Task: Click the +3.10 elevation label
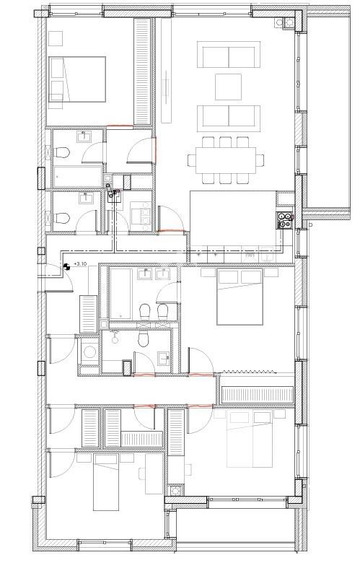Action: click(x=80, y=265)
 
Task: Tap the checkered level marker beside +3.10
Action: click(x=66, y=266)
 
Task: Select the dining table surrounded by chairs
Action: click(x=222, y=159)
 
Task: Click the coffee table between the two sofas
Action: click(x=229, y=86)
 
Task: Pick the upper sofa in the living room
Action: click(x=229, y=56)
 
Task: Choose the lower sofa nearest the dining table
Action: click(x=229, y=116)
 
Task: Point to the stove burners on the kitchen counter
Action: click(x=285, y=219)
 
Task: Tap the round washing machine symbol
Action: click(x=90, y=352)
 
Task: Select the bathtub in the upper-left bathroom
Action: click(x=75, y=175)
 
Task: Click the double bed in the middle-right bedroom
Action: click(x=240, y=296)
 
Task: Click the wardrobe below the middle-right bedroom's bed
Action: click(x=257, y=394)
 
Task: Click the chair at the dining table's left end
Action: click(x=193, y=159)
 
